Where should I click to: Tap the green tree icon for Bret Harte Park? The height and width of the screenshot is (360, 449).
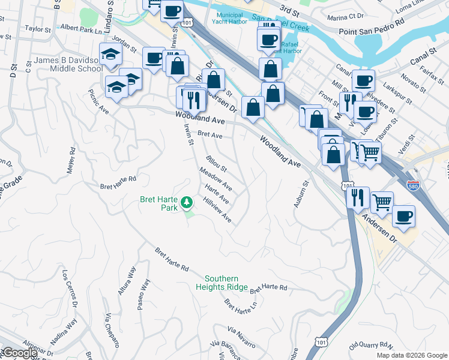(187, 202)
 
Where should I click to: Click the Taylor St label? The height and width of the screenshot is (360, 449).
(38, 28)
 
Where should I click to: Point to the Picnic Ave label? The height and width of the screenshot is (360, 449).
(98, 103)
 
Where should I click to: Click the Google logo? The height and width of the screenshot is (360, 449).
(19, 353)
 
